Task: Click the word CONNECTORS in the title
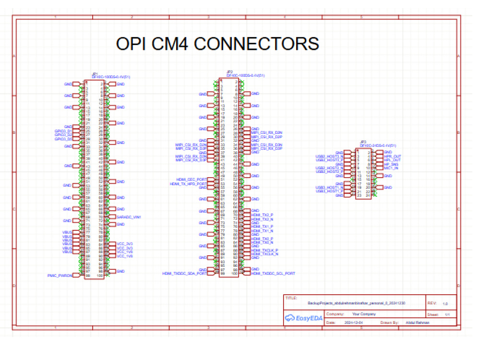click(256, 44)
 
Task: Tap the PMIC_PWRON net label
click(60, 276)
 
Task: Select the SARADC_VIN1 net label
click(129, 217)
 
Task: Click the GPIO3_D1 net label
click(63, 131)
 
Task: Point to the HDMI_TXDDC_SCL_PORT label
click(273, 274)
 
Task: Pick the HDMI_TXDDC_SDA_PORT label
click(185, 274)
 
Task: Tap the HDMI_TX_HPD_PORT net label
click(189, 184)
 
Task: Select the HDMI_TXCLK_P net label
click(265, 250)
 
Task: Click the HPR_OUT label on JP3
click(392, 156)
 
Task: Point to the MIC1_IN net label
click(391, 168)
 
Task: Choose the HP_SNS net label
click(391, 164)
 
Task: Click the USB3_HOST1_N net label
click(329, 187)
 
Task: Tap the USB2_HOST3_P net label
click(329, 160)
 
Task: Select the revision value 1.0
click(445, 304)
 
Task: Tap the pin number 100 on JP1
click(100, 276)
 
